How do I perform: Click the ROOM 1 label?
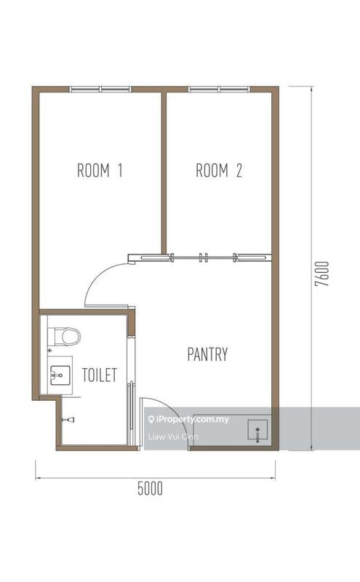click(x=100, y=171)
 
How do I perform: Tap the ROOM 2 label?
click(x=219, y=171)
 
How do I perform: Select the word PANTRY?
click(x=207, y=355)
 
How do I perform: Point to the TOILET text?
click(x=99, y=376)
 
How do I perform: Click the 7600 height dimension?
click(x=323, y=274)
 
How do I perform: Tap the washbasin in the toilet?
click(x=61, y=376)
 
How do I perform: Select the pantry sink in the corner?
click(x=257, y=431)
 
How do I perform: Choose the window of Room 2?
click(x=219, y=89)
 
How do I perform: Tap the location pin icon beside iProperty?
click(x=152, y=420)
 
